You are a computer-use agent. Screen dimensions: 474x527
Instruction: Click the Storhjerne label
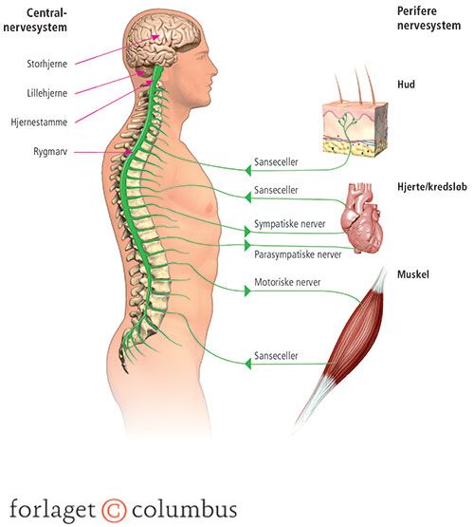click(x=47, y=64)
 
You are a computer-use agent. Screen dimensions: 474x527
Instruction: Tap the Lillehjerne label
click(x=47, y=93)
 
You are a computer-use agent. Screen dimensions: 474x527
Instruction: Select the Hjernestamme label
click(x=39, y=122)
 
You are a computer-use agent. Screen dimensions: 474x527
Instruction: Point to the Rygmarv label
click(x=50, y=152)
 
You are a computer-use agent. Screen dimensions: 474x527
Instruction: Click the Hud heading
click(x=406, y=84)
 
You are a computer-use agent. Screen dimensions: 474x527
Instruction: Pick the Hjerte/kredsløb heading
click(x=432, y=186)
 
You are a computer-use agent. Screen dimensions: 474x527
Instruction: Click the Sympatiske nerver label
click(x=289, y=224)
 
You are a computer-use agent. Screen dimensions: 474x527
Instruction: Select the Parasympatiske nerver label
click(x=298, y=254)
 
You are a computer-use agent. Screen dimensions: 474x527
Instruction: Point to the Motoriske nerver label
click(x=287, y=282)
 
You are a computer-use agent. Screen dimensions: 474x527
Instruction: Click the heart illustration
click(x=361, y=217)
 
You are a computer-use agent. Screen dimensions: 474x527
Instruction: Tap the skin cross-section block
click(x=355, y=129)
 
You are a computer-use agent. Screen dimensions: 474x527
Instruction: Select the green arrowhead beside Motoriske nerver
click(x=247, y=292)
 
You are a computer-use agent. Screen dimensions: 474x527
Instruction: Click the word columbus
click(x=185, y=509)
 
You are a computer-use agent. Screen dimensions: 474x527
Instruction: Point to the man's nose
click(x=213, y=70)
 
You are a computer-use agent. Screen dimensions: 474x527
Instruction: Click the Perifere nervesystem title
click(x=428, y=18)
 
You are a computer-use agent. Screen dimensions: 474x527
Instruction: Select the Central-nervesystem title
click(x=35, y=20)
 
